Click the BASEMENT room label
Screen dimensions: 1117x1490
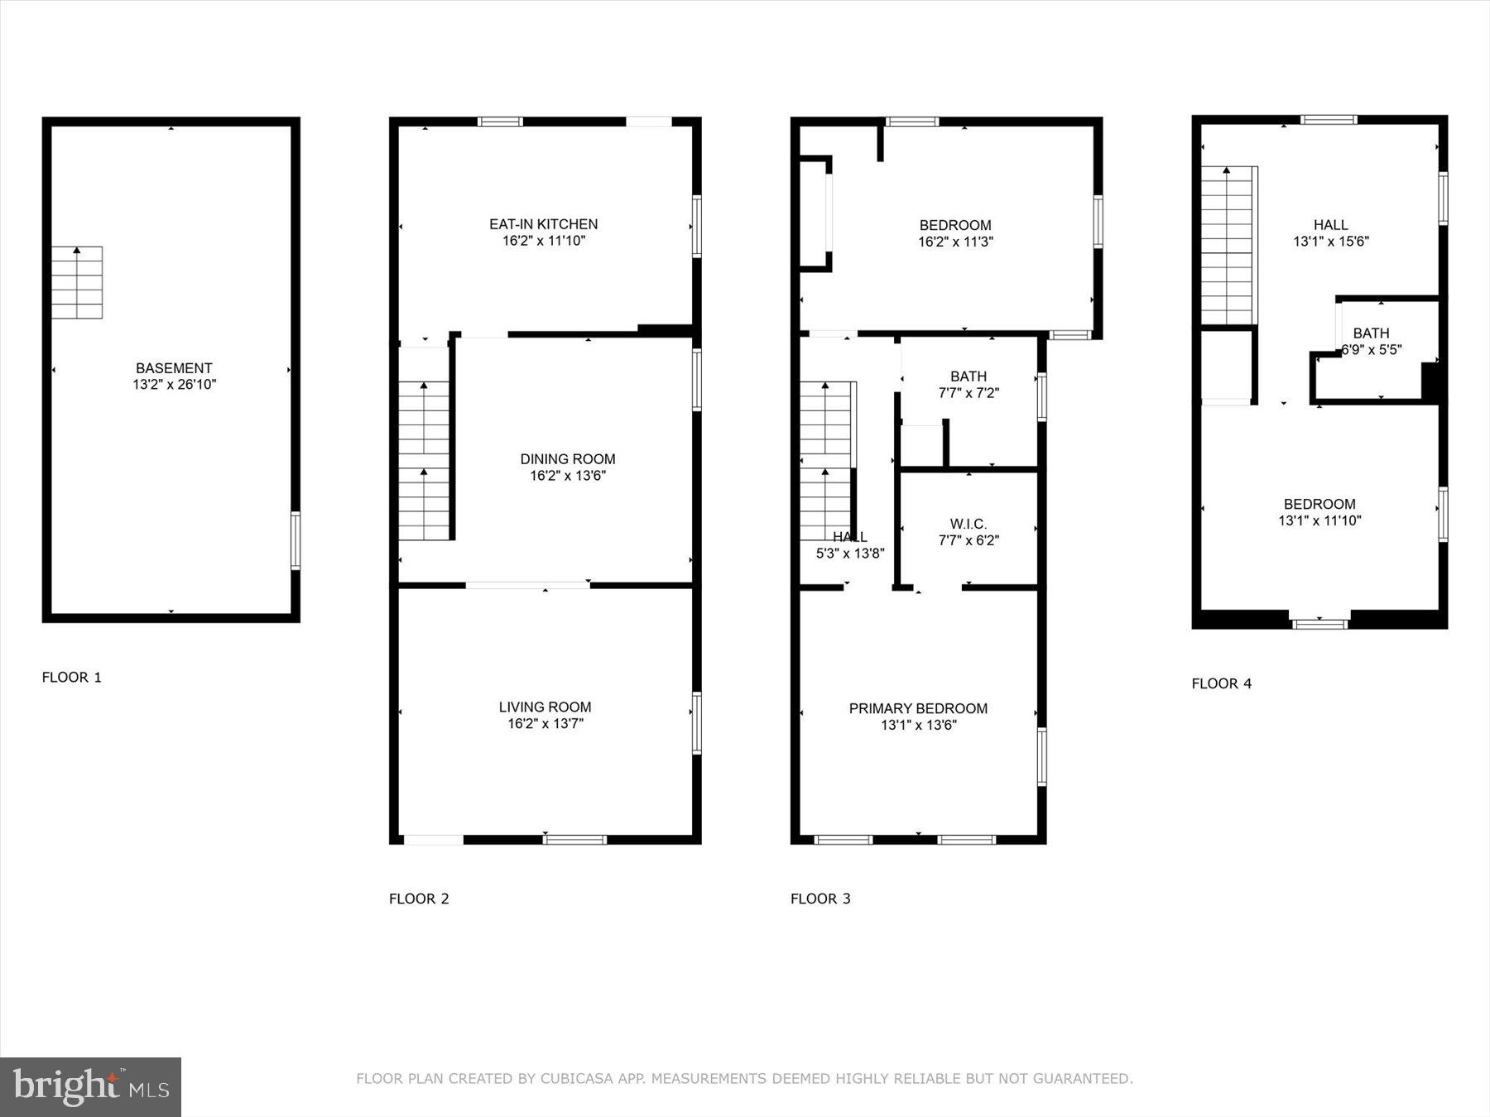tap(174, 368)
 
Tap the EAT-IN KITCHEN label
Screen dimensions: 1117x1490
tap(543, 224)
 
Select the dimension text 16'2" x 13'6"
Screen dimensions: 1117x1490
tap(568, 476)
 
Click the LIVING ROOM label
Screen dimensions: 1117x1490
tap(545, 707)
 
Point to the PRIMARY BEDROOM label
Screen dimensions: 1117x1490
tap(918, 708)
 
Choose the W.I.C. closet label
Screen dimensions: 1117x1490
tap(968, 525)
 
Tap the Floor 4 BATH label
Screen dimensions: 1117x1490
tap(1371, 333)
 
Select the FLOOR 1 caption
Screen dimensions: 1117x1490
tap(72, 678)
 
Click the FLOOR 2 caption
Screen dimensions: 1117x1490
tap(419, 899)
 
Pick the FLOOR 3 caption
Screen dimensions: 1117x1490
tap(820, 899)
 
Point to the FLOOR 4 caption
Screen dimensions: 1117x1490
tap(1221, 683)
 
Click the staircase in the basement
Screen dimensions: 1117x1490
tap(77, 282)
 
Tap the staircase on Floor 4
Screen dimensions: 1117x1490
tap(1228, 245)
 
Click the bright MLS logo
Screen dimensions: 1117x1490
tap(90, 1086)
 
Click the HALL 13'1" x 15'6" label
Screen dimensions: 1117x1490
tap(1331, 233)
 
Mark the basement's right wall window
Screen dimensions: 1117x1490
tap(296, 540)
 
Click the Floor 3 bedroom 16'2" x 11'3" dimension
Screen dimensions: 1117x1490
tap(955, 242)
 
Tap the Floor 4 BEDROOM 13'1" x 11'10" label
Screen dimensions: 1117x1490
tap(1319, 512)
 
